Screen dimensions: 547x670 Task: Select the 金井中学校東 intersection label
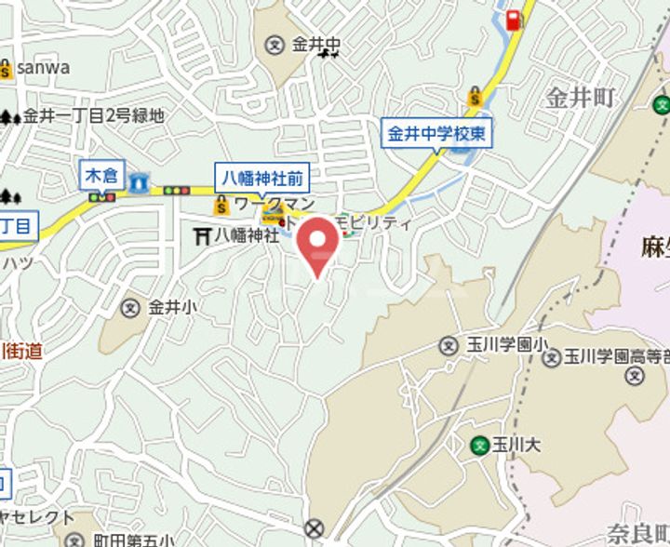tap(436, 133)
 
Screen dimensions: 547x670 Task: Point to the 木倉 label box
tap(103, 174)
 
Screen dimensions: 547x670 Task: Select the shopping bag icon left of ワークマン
tap(221, 204)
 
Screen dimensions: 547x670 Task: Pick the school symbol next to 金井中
tap(275, 45)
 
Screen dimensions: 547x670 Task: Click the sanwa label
tap(42, 68)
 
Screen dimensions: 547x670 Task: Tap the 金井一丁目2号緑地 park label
tap(93, 116)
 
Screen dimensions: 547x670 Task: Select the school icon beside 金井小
tap(131, 307)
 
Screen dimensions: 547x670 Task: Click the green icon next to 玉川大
tap(480, 444)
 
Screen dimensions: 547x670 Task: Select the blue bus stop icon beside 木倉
tap(139, 182)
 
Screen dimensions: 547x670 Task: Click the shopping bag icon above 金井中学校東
tap(475, 96)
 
